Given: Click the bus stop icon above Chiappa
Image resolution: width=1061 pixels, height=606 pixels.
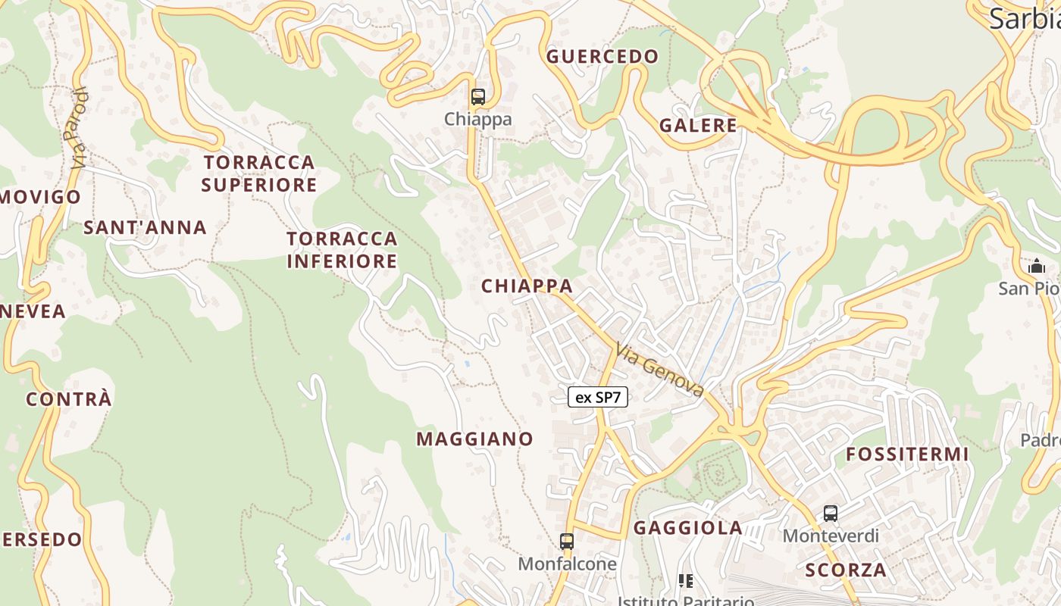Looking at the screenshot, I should tap(477, 97).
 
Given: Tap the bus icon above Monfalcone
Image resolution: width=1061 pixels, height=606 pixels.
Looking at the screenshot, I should tap(567, 542).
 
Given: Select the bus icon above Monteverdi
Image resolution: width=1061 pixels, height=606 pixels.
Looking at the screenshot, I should tap(831, 514).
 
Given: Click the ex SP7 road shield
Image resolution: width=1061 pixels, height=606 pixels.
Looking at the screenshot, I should tap(598, 397).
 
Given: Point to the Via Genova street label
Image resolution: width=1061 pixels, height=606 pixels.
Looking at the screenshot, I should tap(660, 370).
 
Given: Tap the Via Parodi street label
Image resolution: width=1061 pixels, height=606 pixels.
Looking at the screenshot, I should tap(78, 129).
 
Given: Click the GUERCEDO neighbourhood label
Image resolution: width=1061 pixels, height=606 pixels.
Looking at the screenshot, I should tap(602, 57).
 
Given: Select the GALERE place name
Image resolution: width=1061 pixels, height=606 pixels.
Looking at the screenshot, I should tap(698, 126).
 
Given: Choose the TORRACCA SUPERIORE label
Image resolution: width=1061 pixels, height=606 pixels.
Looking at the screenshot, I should tap(259, 173).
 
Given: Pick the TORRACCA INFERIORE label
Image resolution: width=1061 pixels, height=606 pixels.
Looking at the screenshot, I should tap(342, 250).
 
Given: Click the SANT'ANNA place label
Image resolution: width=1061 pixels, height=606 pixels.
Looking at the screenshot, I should tap(145, 227).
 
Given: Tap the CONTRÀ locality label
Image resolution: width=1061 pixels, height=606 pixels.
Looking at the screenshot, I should tap(69, 399).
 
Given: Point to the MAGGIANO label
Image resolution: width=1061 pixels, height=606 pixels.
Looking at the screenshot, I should tap(474, 439).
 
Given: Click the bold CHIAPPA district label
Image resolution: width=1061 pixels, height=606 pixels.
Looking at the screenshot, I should tap(527, 286).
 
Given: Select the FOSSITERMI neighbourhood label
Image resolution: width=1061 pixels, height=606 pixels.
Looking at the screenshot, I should tap(907, 454).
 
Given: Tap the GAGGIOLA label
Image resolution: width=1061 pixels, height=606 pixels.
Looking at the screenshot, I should tap(687, 528).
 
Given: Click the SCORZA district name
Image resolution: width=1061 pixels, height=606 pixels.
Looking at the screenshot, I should tap(846, 570).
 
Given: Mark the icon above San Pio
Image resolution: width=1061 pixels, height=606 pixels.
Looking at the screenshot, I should tap(1036, 266).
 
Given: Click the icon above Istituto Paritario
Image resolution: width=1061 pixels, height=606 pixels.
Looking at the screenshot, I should tap(686, 581).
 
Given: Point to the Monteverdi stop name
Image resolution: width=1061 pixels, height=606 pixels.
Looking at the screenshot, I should tap(831, 536).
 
